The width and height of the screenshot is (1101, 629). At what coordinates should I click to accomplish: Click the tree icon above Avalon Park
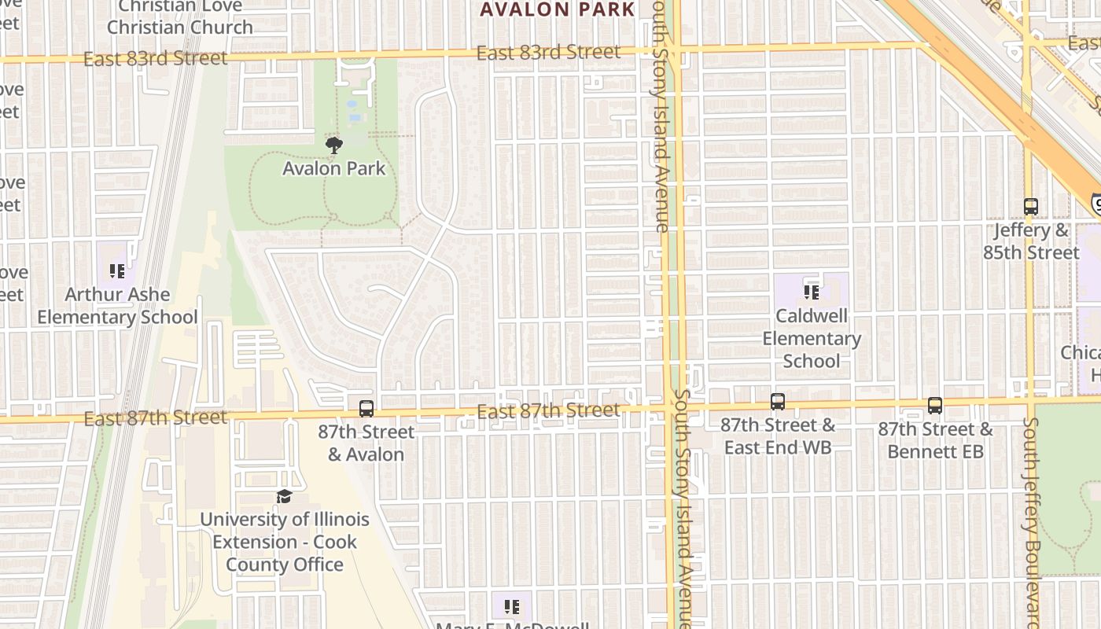[x=334, y=145]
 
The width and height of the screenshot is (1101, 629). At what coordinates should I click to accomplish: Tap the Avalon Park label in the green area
[x=334, y=168]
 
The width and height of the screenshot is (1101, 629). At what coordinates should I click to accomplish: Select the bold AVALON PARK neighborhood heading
[x=557, y=9]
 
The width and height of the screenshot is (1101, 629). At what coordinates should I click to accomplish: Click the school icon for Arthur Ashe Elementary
[x=117, y=272]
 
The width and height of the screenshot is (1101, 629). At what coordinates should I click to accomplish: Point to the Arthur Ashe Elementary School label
[x=117, y=306]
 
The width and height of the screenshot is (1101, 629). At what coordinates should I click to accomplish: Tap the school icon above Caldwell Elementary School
[x=812, y=292]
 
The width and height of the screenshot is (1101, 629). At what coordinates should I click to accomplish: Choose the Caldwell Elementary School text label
[x=812, y=339]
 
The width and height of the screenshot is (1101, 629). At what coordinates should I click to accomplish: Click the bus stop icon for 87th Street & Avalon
[x=366, y=409]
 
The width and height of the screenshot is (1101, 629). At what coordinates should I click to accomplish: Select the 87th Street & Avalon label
[x=366, y=443]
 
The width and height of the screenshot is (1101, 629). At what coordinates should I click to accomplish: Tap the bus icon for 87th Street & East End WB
[x=778, y=402]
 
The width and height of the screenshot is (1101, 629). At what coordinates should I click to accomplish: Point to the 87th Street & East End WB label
[x=778, y=436]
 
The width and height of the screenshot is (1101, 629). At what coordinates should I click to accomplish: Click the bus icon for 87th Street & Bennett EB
[x=935, y=406]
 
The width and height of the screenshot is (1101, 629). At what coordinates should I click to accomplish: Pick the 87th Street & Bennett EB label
[x=935, y=440]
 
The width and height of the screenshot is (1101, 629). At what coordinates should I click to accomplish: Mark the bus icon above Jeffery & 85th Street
[x=1031, y=207]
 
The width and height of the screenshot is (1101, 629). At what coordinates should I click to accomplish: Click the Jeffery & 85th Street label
[x=1031, y=241]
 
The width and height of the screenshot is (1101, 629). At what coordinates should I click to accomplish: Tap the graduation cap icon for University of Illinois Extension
[x=284, y=496]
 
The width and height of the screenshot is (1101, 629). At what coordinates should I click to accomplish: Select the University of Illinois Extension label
[x=284, y=542]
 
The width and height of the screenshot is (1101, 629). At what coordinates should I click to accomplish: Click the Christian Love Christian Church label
[x=180, y=17]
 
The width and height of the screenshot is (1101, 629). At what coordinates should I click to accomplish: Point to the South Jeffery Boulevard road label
[x=1031, y=519]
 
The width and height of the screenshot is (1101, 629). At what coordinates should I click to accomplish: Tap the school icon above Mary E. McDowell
[x=512, y=607]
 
